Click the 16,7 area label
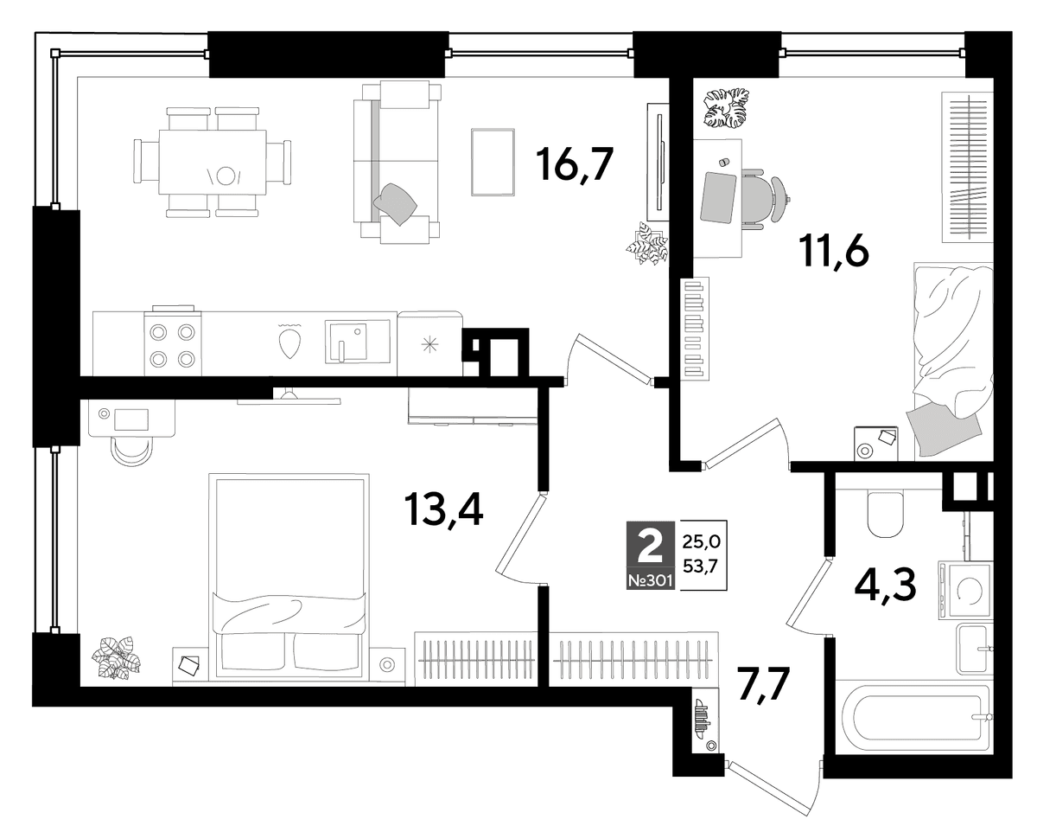coord(576,165)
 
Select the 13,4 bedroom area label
coord(444,510)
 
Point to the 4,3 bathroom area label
coord(885,584)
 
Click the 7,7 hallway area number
coord(765,686)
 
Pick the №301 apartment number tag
coord(651,581)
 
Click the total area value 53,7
coord(701,566)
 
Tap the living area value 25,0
coord(701,542)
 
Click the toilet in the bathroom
coord(885,513)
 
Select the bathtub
coord(913,716)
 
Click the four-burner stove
coord(173,341)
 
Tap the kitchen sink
coord(357,341)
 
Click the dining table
coord(213,162)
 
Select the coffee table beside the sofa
coord(493,162)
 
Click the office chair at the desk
coord(765,198)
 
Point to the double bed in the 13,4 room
coord(289,575)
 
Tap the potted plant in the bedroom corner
coord(117,657)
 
